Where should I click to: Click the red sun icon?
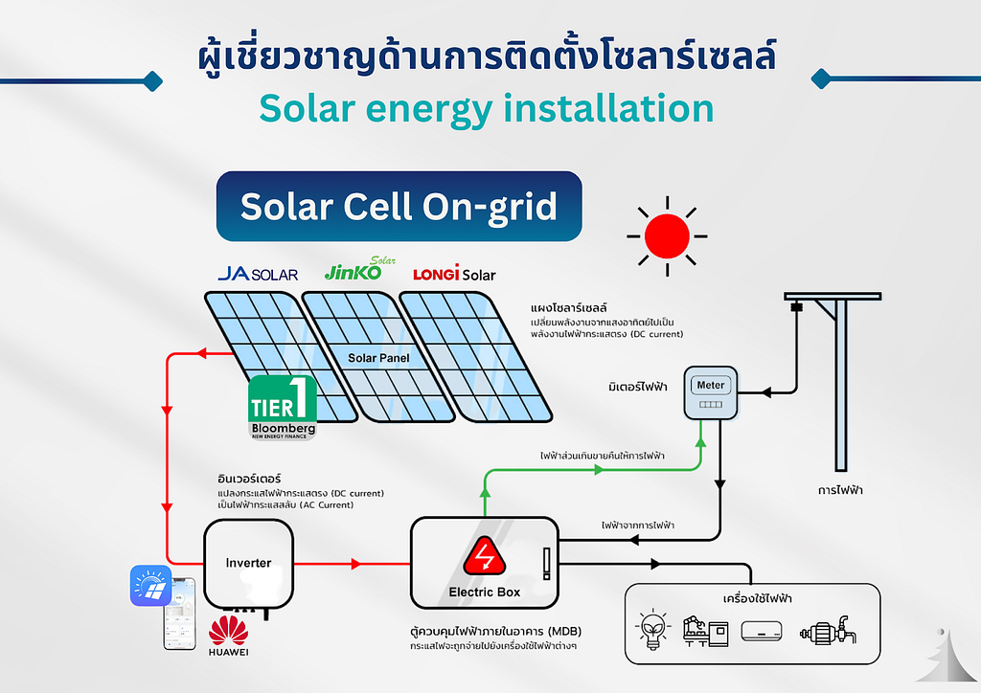(667, 236)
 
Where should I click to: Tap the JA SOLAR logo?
(258, 274)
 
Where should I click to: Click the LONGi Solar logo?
(454, 273)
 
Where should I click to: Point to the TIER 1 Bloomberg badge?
(283, 408)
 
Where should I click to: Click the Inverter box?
(248, 563)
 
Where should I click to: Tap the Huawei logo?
(228, 636)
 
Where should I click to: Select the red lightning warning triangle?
(484, 556)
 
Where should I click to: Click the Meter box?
(711, 392)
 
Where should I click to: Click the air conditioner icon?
(762, 631)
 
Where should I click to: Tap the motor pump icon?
(828, 631)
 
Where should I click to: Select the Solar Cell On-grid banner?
(399, 206)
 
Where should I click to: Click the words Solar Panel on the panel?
(378, 358)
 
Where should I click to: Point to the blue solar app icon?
(150, 586)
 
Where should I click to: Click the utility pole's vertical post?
(840, 385)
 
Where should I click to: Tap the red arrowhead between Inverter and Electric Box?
(356, 564)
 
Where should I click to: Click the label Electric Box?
(484, 592)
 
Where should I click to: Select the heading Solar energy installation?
(486, 109)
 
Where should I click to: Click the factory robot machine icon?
(706, 631)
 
